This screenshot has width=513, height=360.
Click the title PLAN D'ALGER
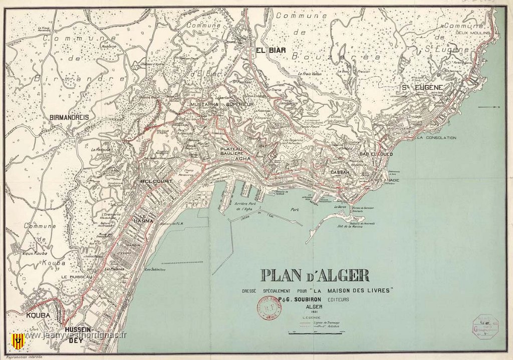(315, 275)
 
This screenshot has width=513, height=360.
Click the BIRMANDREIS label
(70, 117)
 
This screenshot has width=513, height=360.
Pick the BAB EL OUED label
(376, 154)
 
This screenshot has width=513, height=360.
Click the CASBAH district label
(340, 172)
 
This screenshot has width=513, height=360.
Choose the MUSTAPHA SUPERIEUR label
(222, 105)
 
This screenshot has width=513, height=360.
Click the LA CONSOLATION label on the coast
(436, 138)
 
